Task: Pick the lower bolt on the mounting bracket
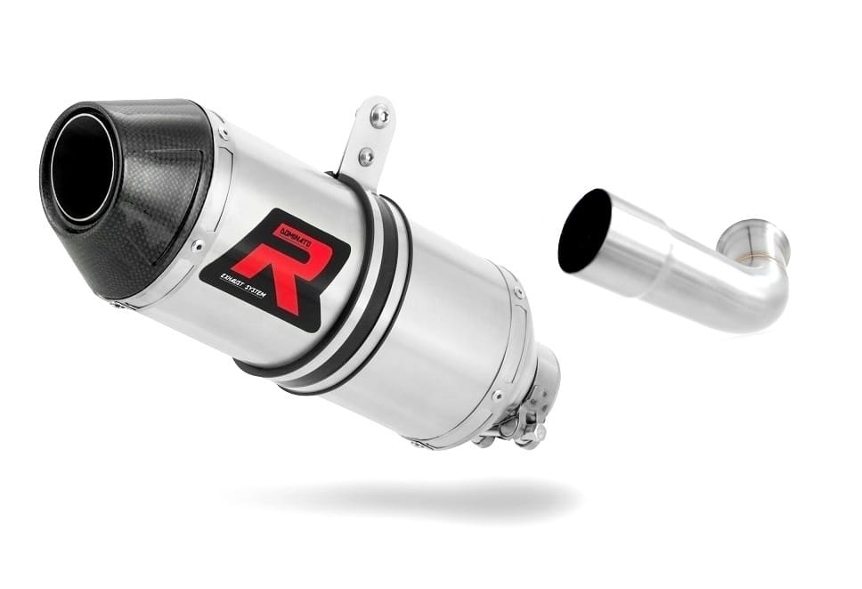pos(365,156)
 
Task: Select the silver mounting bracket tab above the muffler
pos(369,138)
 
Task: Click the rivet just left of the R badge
pos(197,246)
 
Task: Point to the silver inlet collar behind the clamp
pos(544,374)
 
